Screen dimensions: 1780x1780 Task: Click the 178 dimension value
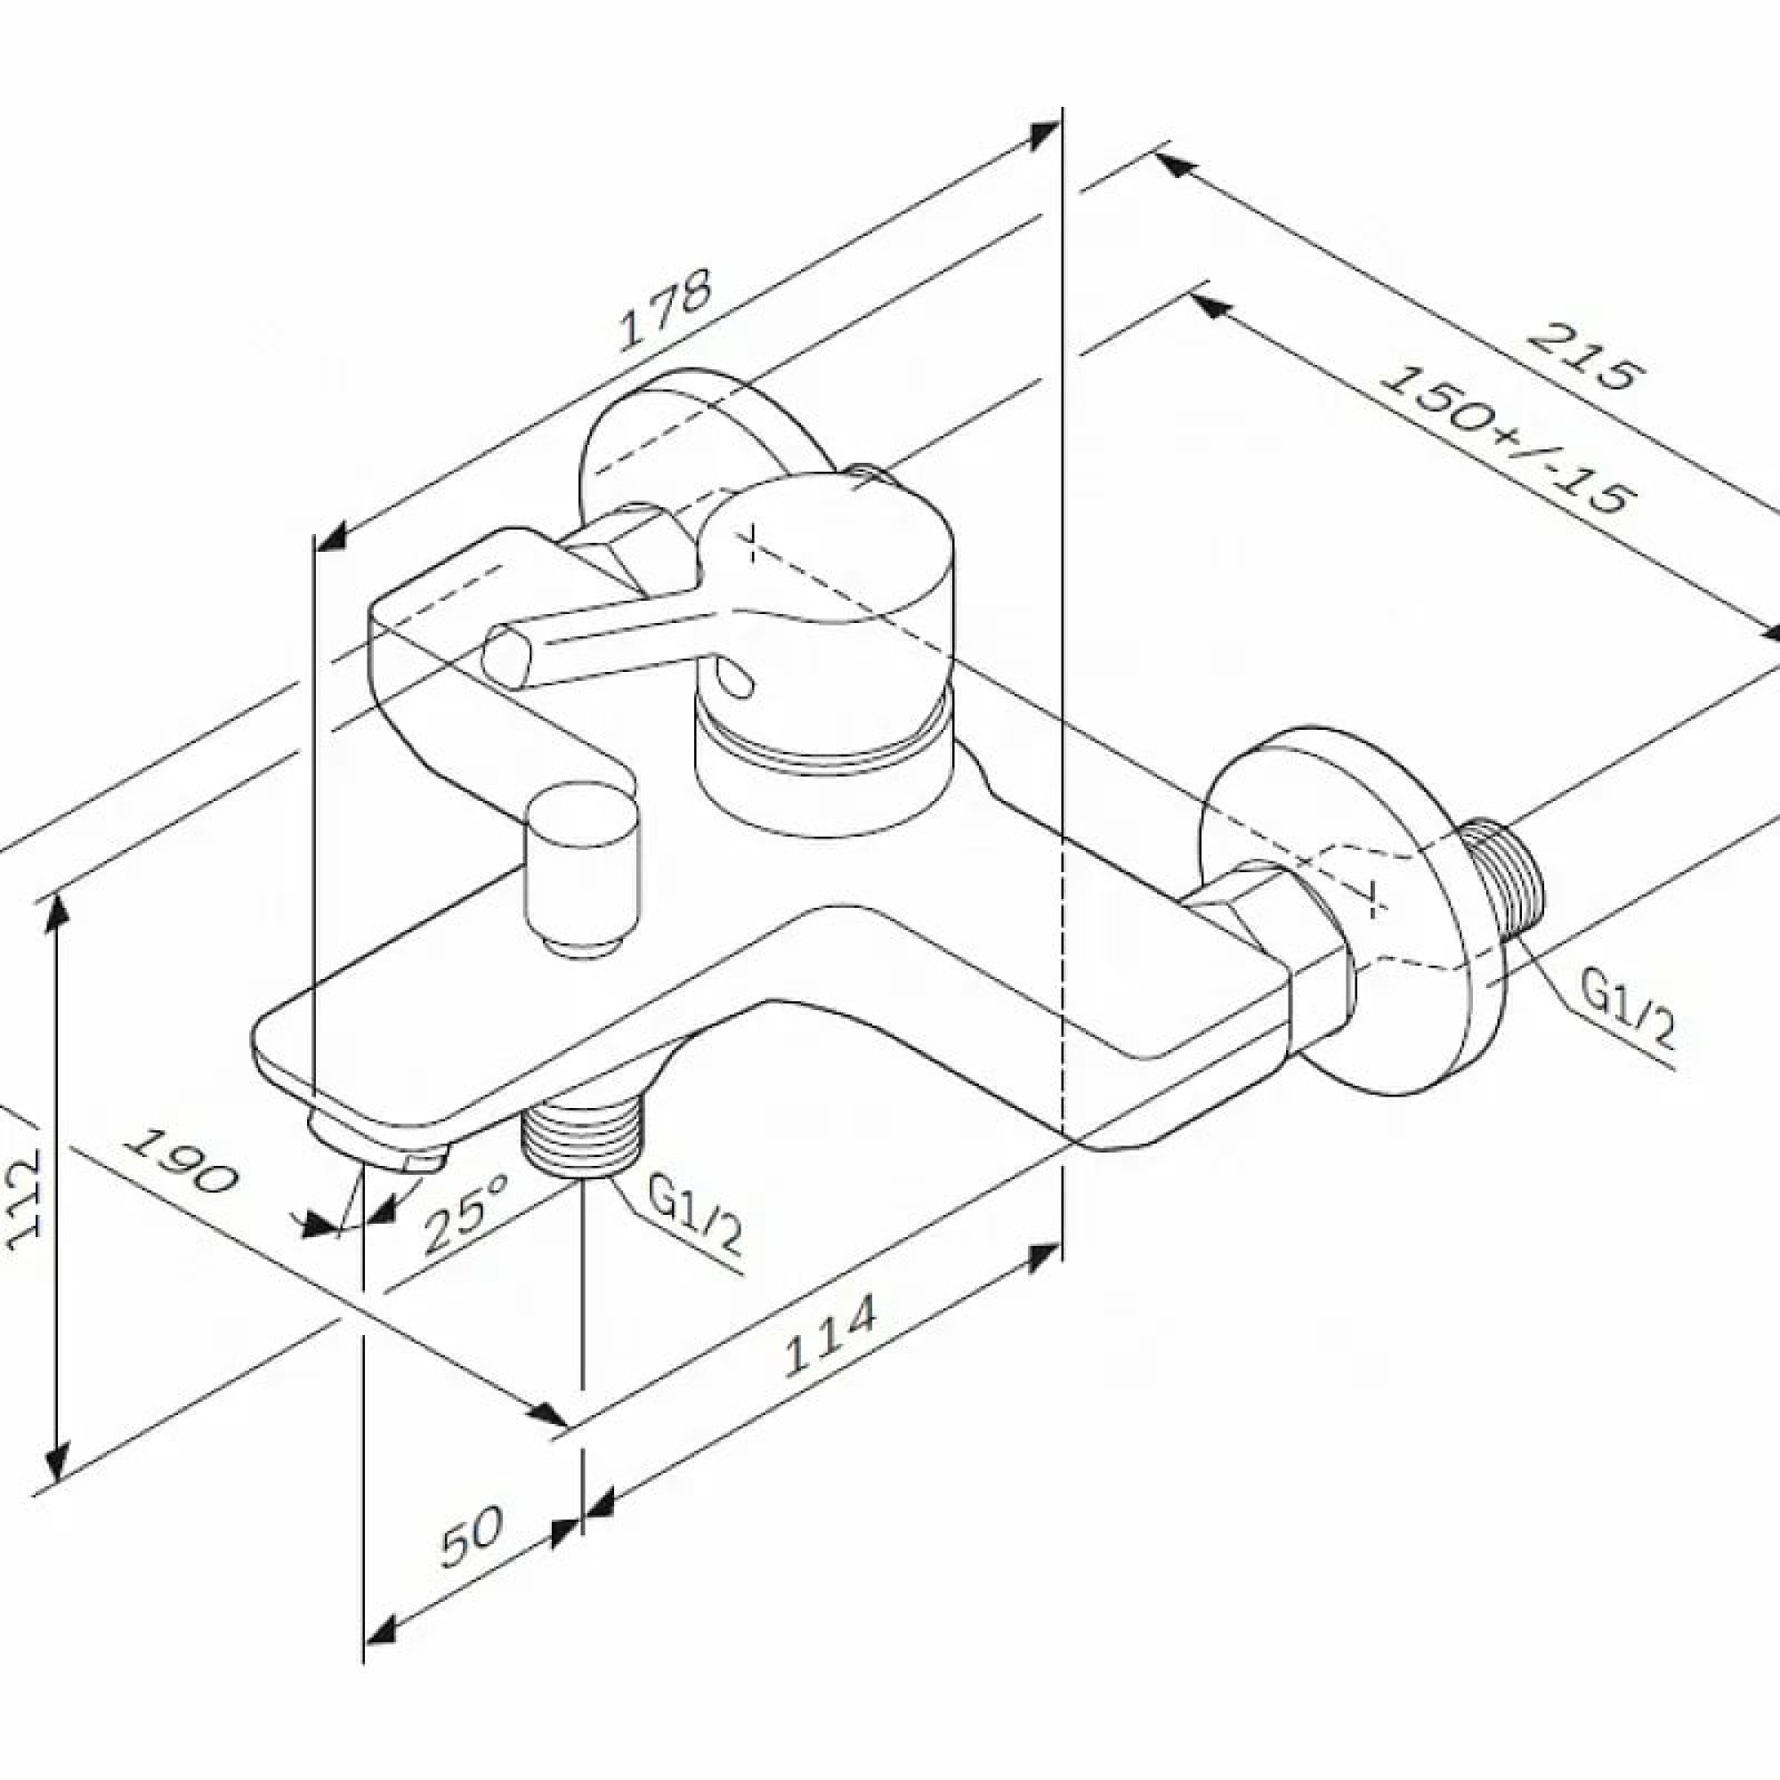(x=665, y=311)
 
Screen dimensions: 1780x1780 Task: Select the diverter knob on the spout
(x=578, y=867)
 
